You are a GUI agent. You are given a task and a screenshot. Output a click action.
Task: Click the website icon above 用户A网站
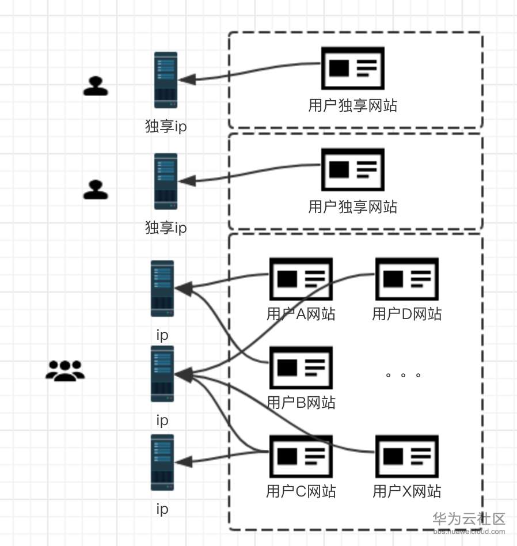(301, 279)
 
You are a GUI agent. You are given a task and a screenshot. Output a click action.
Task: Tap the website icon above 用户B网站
(301, 367)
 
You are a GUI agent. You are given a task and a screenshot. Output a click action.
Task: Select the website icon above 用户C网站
(301, 457)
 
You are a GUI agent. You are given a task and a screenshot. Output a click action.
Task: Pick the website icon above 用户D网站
(406, 279)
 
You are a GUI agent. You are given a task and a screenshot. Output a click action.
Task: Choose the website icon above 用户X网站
(406, 457)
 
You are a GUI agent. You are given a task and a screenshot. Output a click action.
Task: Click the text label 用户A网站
(301, 314)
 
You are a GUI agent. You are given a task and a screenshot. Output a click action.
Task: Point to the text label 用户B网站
(301, 403)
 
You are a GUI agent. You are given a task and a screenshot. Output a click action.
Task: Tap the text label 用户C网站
(301, 491)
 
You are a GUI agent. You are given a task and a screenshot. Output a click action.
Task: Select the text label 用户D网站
(406, 314)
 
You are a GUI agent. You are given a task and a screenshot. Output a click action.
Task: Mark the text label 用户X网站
(406, 491)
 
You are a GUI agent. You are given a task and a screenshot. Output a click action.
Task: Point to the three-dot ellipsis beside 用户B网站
(403, 375)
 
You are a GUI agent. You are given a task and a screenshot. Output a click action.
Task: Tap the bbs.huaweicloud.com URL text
(469, 532)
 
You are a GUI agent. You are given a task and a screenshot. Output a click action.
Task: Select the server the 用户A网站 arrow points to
(162, 289)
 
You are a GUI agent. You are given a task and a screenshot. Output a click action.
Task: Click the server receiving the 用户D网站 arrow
(162, 374)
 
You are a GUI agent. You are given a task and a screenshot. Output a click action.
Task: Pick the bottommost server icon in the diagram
(162, 462)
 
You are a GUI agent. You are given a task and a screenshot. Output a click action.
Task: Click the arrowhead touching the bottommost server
(183, 462)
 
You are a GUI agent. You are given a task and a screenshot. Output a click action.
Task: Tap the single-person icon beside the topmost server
(96, 86)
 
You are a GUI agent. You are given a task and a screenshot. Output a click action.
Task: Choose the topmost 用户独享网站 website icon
(352, 68)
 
